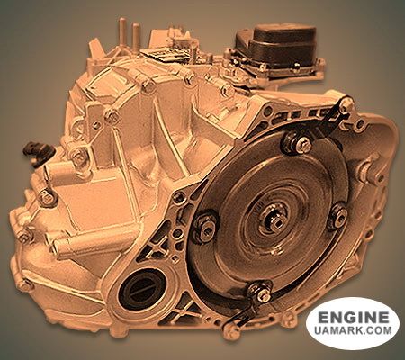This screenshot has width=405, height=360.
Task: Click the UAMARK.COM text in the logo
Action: point(353,330)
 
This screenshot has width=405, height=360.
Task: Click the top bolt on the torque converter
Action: point(302,143)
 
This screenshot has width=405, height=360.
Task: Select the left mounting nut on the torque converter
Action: point(206,228)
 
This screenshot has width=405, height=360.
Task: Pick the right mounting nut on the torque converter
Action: point(339,215)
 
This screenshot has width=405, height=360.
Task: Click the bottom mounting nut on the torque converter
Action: point(261,292)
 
